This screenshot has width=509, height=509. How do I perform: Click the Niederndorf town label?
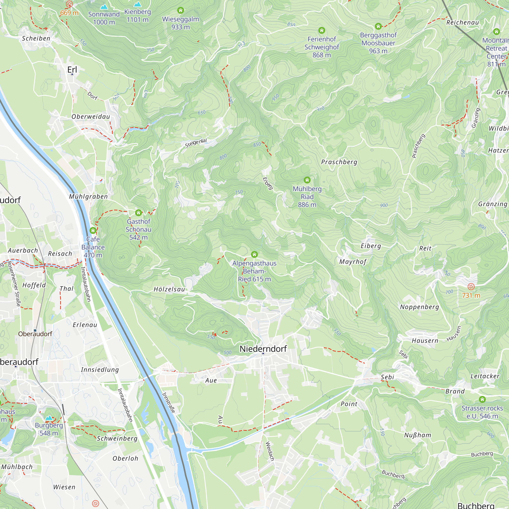[x=263, y=349]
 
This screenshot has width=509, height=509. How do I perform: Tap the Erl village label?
[x=72, y=70]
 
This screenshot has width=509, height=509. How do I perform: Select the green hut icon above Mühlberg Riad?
[x=307, y=180]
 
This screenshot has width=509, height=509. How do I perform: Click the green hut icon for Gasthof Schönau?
[x=138, y=213]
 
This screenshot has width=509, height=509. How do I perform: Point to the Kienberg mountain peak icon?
[x=137, y=5]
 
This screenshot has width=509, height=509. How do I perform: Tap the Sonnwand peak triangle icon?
[x=104, y=7]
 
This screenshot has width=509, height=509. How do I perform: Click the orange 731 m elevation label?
[x=471, y=295]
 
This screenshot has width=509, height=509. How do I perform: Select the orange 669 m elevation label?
[x=69, y=13]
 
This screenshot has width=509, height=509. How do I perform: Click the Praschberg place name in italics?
[x=339, y=162]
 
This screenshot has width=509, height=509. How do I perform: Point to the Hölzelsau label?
[x=169, y=289]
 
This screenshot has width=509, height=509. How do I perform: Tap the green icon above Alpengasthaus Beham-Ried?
[x=254, y=254]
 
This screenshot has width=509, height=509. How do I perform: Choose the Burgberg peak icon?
[x=49, y=418]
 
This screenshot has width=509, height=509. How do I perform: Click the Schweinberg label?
[x=117, y=439]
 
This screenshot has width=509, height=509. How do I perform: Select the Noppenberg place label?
[x=419, y=307]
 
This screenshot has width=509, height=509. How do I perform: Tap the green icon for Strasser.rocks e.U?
[x=482, y=399]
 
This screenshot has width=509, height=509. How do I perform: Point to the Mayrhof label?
[x=353, y=262]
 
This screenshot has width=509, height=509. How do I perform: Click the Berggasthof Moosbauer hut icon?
[x=378, y=26]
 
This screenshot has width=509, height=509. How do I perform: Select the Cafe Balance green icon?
[x=93, y=231]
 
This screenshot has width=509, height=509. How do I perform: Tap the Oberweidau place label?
[x=91, y=117]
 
